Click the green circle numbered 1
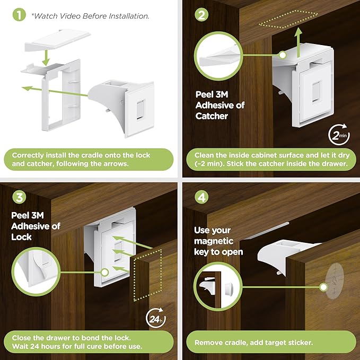[x=19, y=15]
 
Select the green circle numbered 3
[x=19, y=198]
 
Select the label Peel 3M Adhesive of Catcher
[x=220, y=106]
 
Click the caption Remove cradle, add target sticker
[x=253, y=343]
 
